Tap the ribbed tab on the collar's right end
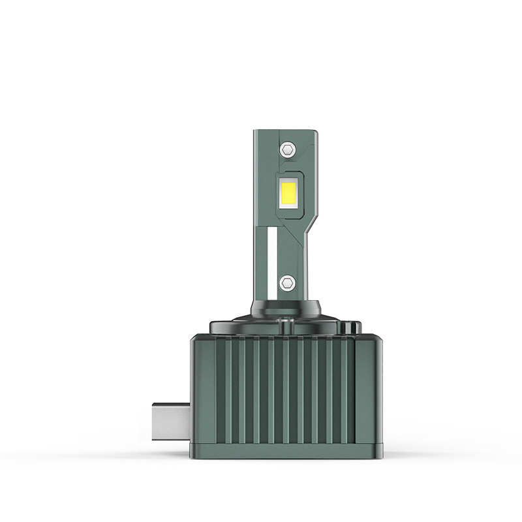(x=353, y=324)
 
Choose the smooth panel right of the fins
(x=368, y=391)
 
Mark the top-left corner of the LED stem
(x=255, y=132)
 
